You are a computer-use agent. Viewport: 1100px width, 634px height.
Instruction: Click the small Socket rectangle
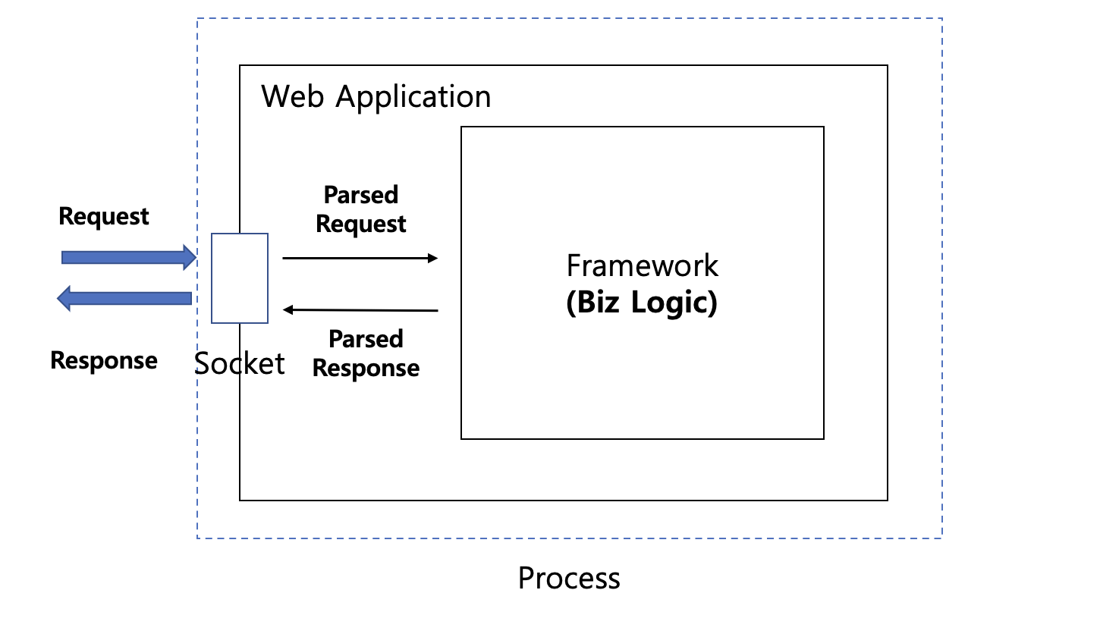(x=240, y=278)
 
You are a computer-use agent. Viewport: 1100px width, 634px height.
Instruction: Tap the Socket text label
(x=240, y=364)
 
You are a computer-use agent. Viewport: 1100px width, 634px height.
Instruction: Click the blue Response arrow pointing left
(x=125, y=298)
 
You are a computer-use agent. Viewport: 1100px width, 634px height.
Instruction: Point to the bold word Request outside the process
(x=104, y=217)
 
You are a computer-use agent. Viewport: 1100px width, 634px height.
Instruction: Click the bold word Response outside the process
(x=104, y=360)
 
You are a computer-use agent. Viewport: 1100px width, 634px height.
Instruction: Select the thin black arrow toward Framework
(x=360, y=259)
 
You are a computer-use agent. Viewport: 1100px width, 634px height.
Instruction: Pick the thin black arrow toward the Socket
(x=360, y=309)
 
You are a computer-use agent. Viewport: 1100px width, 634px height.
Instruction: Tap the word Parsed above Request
(x=361, y=195)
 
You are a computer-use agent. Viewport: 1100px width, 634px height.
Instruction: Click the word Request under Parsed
(x=361, y=224)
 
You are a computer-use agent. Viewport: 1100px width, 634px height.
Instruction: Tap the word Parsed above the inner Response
(x=366, y=339)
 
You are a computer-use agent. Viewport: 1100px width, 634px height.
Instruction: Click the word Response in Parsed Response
(x=366, y=368)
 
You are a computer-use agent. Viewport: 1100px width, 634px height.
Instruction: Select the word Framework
(x=643, y=266)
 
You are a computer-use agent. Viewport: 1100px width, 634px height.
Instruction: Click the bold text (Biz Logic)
(x=642, y=303)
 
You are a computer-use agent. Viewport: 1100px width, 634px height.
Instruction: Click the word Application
(x=413, y=98)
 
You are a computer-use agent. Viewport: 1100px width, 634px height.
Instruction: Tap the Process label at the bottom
(x=569, y=579)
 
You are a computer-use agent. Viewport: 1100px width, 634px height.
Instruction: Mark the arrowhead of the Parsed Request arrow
(x=434, y=259)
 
